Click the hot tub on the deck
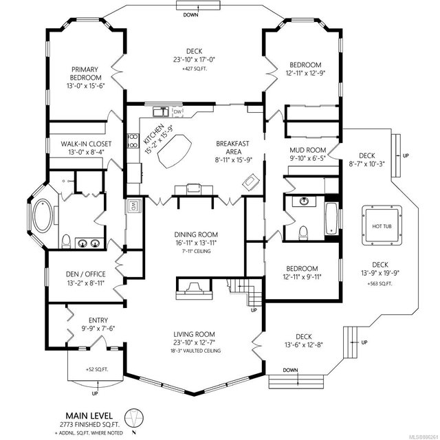pos(382,225)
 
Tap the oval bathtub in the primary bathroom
pos(43,216)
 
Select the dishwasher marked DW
pos(177,112)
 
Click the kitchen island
pos(175,151)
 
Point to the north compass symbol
pos(134,419)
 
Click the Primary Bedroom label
pos(85,74)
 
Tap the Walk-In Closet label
pos(86,144)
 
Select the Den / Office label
pos(85,274)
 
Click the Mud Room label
pos(308,150)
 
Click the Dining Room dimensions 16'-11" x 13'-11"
pos(196,243)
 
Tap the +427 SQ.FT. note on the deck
pos(195,69)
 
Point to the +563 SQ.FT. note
pos(379,284)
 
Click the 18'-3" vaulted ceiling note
pos(195,351)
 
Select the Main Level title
pos(89,415)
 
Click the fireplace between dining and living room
pos(194,289)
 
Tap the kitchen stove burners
pos(133,140)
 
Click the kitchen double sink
pos(160,111)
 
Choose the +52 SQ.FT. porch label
pos(97,369)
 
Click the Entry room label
pos(98,320)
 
